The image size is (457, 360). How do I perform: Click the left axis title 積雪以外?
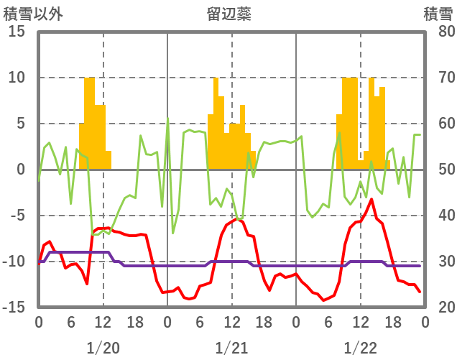pyautogui.click(x=28, y=14)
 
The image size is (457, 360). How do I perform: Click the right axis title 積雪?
pyautogui.click(x=438, y=14)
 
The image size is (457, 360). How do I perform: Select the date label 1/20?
pyautogui.click(x=103, y=348)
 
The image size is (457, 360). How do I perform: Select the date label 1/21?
pyautogui.click(x=231, y=348)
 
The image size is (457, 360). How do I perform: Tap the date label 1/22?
pyautogui.click(x=360, y=348)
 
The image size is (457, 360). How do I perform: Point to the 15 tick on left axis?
pyautogui.click(x=17, y=32)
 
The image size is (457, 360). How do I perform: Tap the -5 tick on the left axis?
pyautogui.click(x=17, y=216)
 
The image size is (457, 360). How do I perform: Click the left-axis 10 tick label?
pyautogui.click(x=17, y=78)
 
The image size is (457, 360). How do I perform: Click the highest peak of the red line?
pyautogui.click(x=371, y=199)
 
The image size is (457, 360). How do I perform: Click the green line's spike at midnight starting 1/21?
pyautogui.click(x=168, y=119)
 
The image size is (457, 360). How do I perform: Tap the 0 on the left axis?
pyautogui.click(x=21, y=170)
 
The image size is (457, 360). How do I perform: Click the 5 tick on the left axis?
pyautogui.click(x=21, y=124)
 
